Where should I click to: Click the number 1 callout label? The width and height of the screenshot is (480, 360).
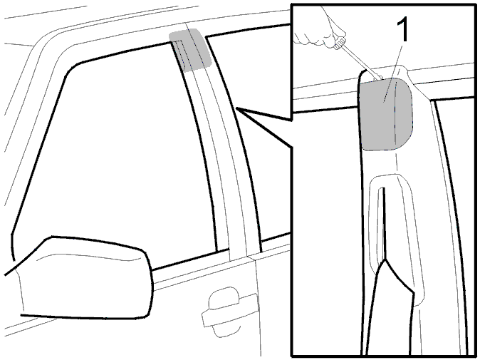point(402,30)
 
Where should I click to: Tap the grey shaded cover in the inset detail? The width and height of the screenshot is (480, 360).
point(386,114)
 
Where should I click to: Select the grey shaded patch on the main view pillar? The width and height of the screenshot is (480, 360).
point(191,50)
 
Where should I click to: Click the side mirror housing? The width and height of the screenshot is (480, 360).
point(85,277)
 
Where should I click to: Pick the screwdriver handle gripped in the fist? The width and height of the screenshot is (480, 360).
point(340,43)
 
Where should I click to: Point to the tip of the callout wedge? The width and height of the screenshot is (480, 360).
point(236,108)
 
